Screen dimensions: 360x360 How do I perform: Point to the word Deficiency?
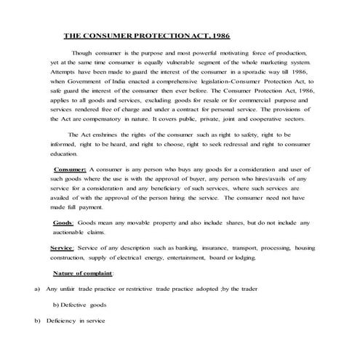click(x=62, y=320)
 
